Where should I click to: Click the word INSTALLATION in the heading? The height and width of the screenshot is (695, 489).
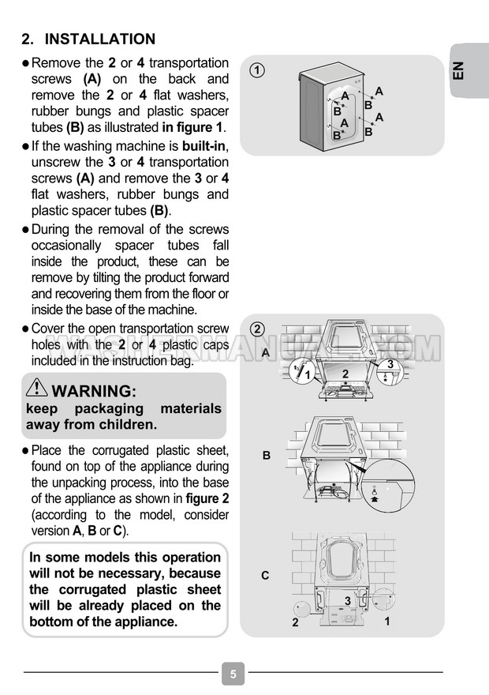point(100,39)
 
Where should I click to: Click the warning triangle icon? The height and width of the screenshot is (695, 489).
point(36,388)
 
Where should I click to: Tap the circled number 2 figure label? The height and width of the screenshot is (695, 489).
point(257,328)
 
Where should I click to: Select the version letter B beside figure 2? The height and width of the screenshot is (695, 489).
point(267,456)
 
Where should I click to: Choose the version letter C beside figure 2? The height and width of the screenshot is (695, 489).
point(266,575)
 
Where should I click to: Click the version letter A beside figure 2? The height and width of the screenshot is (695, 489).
point(266,352)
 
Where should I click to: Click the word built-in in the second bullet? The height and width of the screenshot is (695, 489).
point(204,146)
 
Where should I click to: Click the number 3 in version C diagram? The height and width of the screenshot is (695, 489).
point(348,601)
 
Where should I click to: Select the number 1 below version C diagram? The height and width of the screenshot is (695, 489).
point(387,622)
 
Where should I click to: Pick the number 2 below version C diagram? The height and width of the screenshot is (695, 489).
point(295,622)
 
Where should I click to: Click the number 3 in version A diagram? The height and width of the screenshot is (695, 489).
point(390,363)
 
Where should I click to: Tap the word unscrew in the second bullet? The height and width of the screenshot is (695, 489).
point(57,162)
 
